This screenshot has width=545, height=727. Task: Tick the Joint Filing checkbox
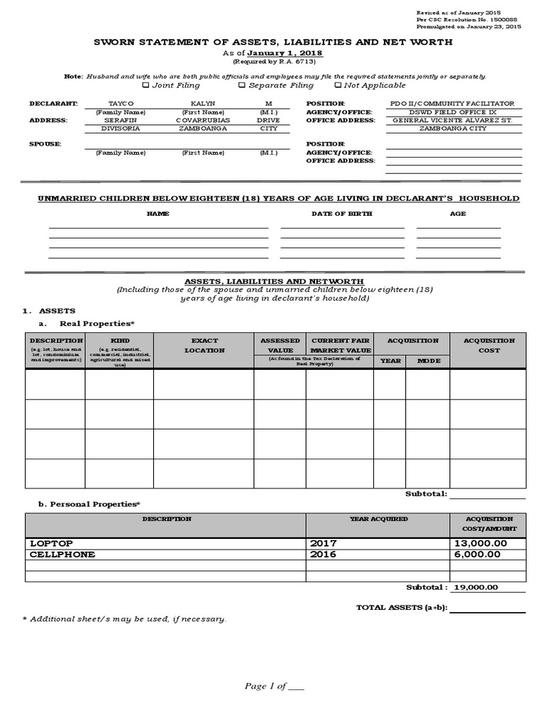click(x=146, y=85)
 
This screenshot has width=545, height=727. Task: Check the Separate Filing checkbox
click(x=242, y=85)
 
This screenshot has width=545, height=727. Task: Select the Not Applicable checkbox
click(x=338, y=85)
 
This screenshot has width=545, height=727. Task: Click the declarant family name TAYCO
click(x=121, y=104)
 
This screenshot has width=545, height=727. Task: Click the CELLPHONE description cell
click(x=62, y=554)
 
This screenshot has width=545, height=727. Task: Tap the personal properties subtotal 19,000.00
click(x=478, y=587)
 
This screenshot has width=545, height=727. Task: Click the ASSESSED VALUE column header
click(x=280, y=345)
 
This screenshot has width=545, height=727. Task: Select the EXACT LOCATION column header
click(x=204, y=345)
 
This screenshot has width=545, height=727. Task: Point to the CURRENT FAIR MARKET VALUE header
click(x=341, y=345)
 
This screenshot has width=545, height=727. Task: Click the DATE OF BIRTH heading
click(x=341, y=214)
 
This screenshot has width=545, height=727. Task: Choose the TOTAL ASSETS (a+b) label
click(x=401, y=608)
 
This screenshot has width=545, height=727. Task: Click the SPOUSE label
click(x=45, y=144)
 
